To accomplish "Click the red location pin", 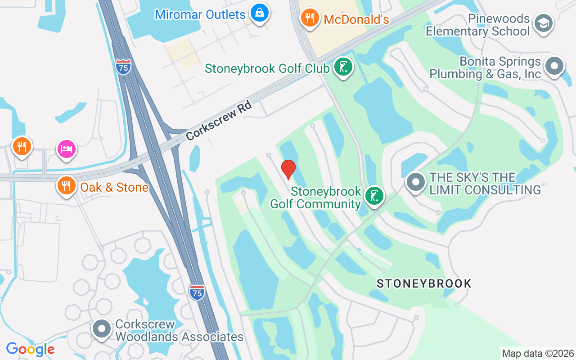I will coord(288,169).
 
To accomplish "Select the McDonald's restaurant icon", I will coord(309,18).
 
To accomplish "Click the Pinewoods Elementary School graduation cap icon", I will coord(544,23).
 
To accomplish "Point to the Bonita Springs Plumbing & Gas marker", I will coord(554,67).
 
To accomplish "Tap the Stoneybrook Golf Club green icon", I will coord(343,67).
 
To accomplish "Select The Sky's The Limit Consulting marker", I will coord(415,182).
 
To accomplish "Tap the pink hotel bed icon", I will coord(66,149).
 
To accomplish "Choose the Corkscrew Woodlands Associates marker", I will coord(102,329).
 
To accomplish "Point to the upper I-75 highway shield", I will coord(123,67).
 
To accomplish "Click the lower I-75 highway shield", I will coord(197,292).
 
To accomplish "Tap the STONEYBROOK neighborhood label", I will coord(424,283).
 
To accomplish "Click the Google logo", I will coord(30,349).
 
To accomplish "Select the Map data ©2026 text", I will coord(538,353).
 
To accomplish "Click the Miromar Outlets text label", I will coord(200,14).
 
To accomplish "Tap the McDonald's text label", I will coord(356,19).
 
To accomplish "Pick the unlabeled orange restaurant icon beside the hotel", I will coord(22,146).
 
